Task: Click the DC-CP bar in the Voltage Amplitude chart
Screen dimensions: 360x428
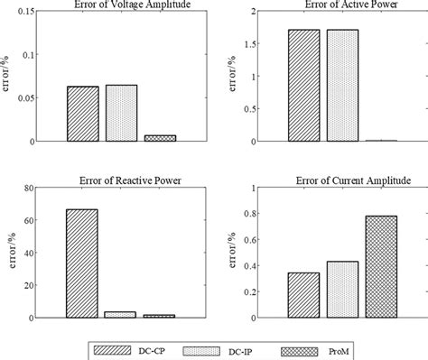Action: pos(82,114)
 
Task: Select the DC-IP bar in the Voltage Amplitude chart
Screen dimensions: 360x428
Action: pos(120,113)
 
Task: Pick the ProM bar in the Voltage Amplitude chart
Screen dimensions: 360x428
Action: pos(159,138)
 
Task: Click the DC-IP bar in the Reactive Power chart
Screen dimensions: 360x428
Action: pos(120,315)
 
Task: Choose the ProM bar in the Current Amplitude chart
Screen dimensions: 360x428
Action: pos(381,267)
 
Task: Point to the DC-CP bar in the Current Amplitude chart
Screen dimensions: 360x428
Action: pos(303,295)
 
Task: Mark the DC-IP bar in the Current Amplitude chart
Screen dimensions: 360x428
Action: pos(342,290)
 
